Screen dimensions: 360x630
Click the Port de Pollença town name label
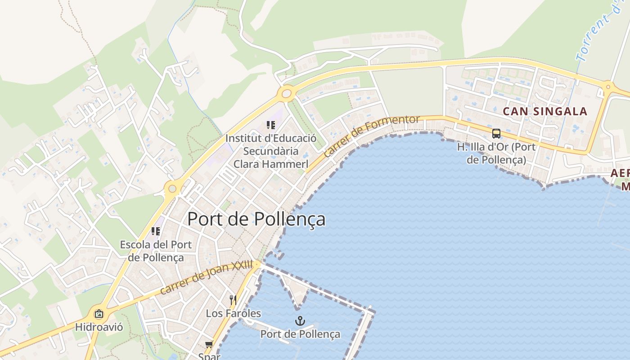click(256, 219)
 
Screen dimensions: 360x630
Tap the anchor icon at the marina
click(300, 321)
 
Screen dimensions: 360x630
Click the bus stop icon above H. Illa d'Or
click(496, 134)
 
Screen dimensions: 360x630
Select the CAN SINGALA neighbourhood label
click(545, 111)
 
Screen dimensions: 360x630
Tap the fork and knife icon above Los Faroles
click(233, 300)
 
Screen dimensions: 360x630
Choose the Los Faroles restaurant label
click(233, 313)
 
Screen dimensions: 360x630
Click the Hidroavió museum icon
click(99, 314)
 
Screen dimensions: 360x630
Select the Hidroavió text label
click(99, 327)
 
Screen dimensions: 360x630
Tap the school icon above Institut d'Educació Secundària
click(270, 125)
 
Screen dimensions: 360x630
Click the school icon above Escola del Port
click(156, 231)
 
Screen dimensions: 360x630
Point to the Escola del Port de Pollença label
click(156, 251)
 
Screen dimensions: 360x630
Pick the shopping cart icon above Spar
click(209, 345)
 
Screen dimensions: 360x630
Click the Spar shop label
click(209, 356)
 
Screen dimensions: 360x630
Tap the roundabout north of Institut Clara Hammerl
click(286, 94)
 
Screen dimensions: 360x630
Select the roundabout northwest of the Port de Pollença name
click(172, 188)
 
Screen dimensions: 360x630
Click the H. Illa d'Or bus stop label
click(496, 153)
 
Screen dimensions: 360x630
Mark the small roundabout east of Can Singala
click(608, 87)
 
